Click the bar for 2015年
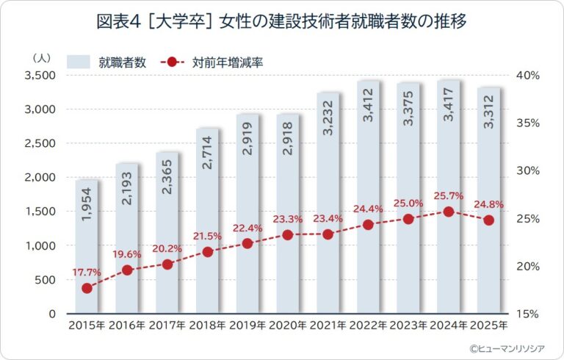(x=87, y=246)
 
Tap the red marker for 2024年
(x=448, y=212)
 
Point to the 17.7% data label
(x=86, y=273)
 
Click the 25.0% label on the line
(x=408, y=203)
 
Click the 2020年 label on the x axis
(x=288, y=325)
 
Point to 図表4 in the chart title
(x=119, y=22)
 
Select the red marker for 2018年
(x=207, y=252)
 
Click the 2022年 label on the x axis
(x=368, y=325)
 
